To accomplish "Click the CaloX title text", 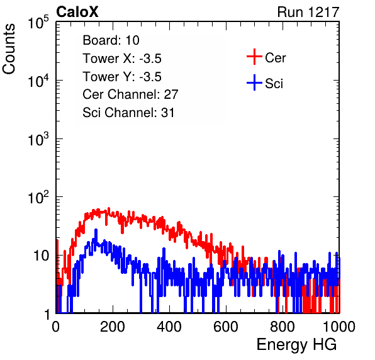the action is click(77, 12).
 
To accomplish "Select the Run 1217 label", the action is click(308, 12).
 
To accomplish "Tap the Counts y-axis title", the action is click(9, 49).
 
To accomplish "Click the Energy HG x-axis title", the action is click(296, 345).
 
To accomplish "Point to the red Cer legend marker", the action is click(254, 57).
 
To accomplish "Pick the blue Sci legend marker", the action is click(254, 82).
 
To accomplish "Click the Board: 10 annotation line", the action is click(111, 40).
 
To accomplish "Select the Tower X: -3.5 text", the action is click(122, 59).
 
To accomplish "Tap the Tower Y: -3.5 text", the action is click(122, 77).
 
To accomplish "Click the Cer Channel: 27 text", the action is click(130, 94).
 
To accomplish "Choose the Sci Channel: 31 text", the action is click(128, 113).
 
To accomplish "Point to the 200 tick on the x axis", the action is click(113, 327).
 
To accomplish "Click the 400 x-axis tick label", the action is click(169, 327).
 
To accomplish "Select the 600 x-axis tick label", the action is click(226, 327).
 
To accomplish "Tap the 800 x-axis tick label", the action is click(283, 327).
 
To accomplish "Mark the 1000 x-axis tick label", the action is click(339, 327).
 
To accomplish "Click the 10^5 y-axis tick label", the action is click(38, 22).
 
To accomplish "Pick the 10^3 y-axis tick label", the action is click(38, 138).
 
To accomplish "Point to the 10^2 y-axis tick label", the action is click(38, 197).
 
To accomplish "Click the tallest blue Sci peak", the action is click(96, 230).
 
